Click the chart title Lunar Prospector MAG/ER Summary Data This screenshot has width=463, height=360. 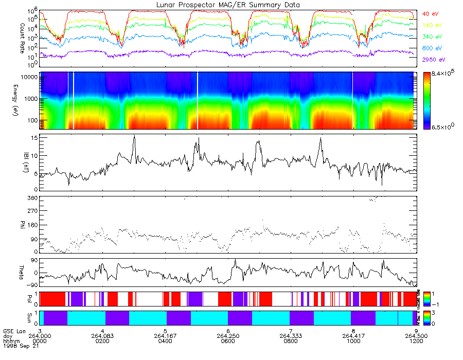pos(228,5)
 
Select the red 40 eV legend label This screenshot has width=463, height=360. pos(430,14)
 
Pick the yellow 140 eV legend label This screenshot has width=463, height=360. pos(431,25)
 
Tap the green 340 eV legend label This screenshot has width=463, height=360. pos(431,37)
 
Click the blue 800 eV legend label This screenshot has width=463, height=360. pos(431,48)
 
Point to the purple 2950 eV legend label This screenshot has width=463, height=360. pos(433,60)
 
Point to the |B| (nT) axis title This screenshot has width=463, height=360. pos(22,162)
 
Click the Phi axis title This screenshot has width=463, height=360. pos(22,224)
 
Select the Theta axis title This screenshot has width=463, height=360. pos(22,274)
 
